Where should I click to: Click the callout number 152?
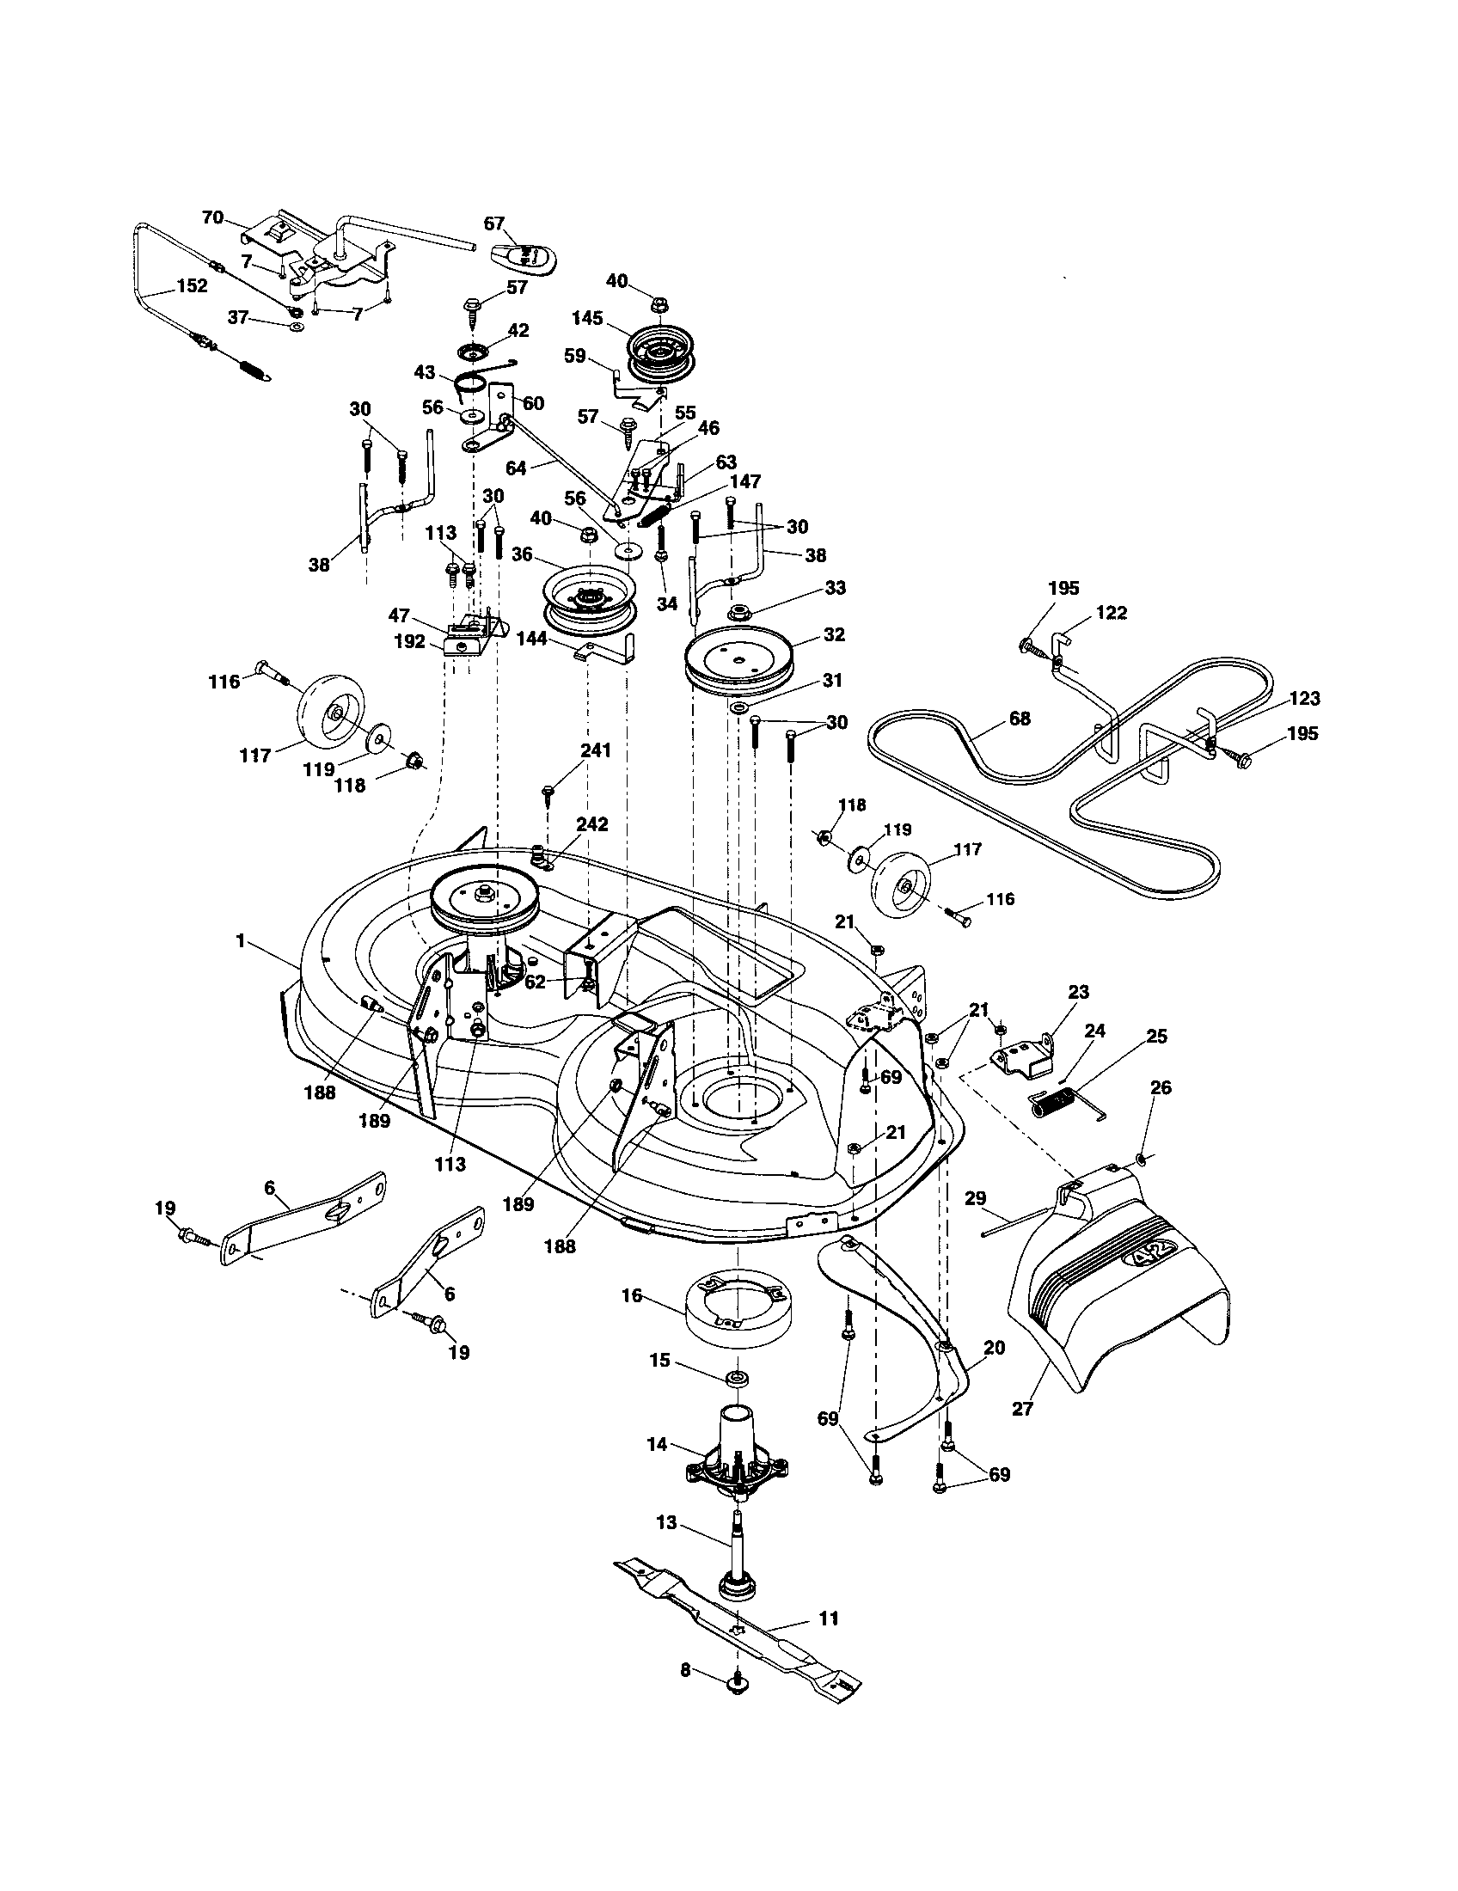(192, 285)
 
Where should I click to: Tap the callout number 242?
(592, 823)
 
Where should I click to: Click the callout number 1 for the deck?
(240, 940)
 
